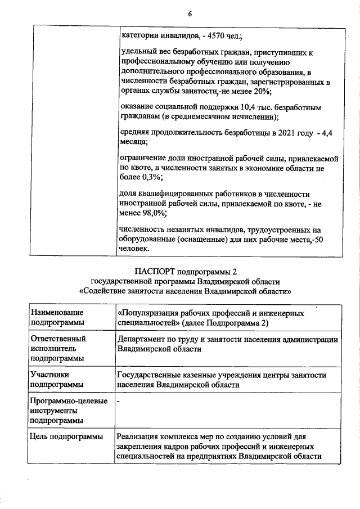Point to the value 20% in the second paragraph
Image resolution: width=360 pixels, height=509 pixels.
click(x=262, y=92)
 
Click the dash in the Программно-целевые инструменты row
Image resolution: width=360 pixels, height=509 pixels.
click(x=119, y=402)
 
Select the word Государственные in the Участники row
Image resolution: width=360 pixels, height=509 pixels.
click(x=151, y=375)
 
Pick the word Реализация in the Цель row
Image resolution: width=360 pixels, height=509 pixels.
click(x=139, y=436)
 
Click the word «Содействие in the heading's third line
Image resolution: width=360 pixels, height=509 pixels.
click(x=104, y=292)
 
